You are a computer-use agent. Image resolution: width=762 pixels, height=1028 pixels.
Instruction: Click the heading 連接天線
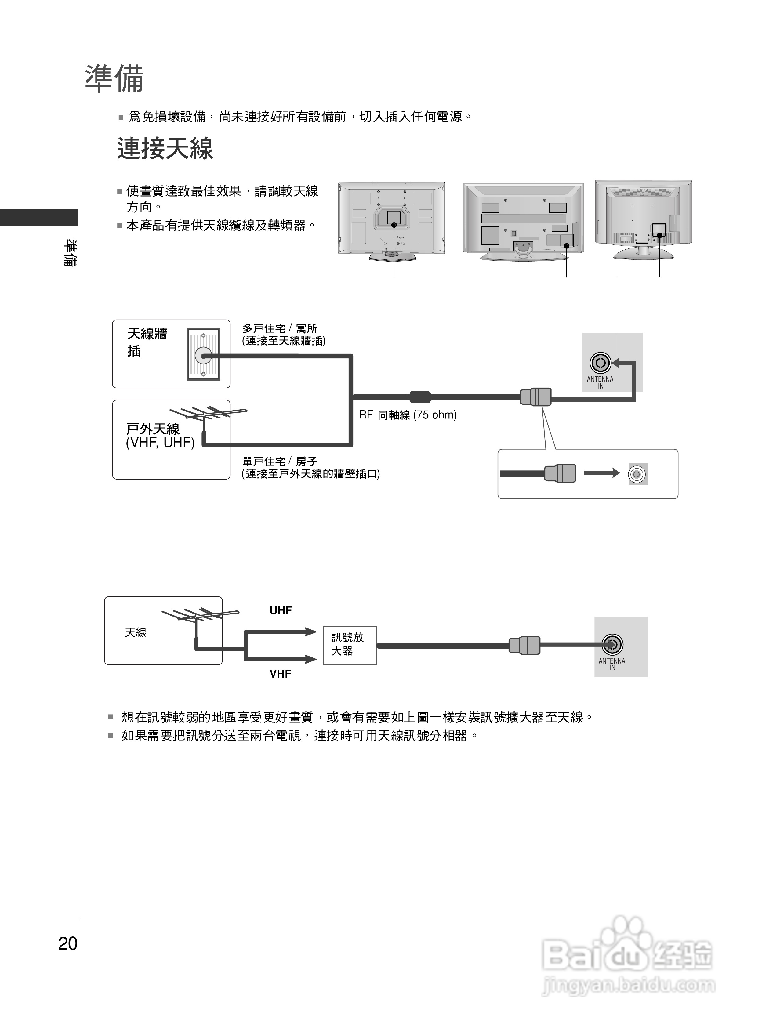(165, 149)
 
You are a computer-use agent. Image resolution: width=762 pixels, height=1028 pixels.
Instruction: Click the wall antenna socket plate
(203, 354)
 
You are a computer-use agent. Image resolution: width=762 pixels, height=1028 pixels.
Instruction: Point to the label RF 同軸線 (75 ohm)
(408, 415)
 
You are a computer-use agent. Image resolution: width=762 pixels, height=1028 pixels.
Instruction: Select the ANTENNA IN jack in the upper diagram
(601, 363)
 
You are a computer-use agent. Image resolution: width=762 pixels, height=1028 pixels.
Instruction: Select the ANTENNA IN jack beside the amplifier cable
(612, 645)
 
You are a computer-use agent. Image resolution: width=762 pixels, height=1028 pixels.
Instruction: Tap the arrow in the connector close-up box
(601, 473)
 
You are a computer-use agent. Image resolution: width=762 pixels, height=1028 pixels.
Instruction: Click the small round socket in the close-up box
(637, 474)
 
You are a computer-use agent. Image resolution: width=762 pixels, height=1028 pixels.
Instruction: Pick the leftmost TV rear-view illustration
(392, 220)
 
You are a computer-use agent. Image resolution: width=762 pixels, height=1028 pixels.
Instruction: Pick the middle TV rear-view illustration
(523, 220)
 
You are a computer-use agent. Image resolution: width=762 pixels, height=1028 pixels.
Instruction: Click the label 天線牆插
(147, 342)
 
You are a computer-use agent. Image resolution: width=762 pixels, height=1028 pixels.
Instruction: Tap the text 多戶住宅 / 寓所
(280, 328)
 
